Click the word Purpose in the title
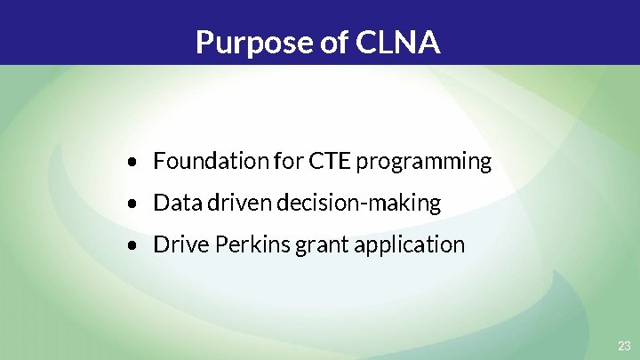pyautogui.click(x=251, y=42)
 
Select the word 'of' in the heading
pyautogui.click(x=331, y=42)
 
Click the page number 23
pyautogui.click(x=624, y=345)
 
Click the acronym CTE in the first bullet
pyautogui.click(x=330, y=161)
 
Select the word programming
pyautogui.click(x=424, y=163)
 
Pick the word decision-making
pyautogui.click(x=358, y=204)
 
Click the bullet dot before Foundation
pyautogui.click(x=132, y=163)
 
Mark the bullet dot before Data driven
pyautogui.click(x=132, y=204)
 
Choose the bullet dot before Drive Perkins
pyautogui.click(x=132, y=245)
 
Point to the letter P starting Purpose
pyautogui.click(x=204, y=42)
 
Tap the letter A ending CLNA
pyautogui.click(x=428, y=42)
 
